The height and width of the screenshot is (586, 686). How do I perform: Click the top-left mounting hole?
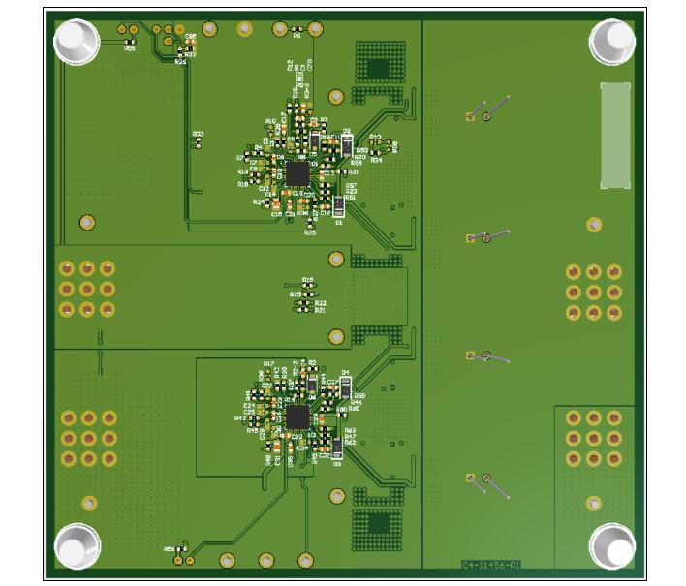coord(76,41)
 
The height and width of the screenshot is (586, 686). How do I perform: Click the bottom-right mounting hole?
coord(612,545)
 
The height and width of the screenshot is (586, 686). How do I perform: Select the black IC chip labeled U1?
coord(296,173)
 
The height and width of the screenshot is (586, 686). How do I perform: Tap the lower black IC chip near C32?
coord(297,417)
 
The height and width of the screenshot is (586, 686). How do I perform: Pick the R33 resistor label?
coord(198,134)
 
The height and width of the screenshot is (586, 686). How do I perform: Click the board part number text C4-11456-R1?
coord(490,563)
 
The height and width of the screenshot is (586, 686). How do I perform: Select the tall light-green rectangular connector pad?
coord(614,136)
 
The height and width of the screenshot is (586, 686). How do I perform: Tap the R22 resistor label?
coord(320,303)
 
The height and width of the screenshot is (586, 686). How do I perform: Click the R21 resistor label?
coord(320,311)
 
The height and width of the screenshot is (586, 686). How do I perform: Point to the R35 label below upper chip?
coord(310,232)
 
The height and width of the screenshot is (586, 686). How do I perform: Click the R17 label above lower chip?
coord(269,362)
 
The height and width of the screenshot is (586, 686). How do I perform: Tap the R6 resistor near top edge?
coord(296,36)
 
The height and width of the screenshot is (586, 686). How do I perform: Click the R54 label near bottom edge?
coord(170,548)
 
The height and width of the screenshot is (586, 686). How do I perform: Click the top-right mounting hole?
coord(612,41)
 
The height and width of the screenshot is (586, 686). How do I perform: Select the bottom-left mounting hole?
coord(76,545)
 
